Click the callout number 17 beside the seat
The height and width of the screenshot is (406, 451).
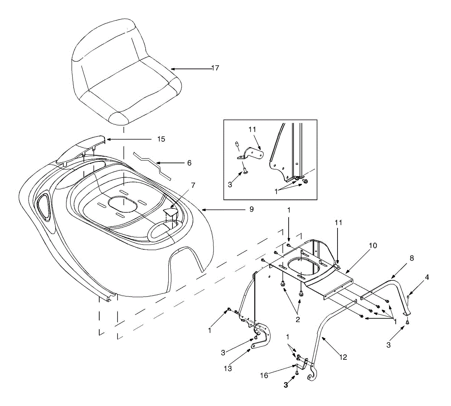[215, 68]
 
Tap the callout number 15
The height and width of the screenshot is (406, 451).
[161, 139]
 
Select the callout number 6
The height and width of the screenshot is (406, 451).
[189, 163]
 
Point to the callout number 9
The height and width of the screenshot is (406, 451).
[251, 209]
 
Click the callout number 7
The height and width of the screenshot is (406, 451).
[193, 186]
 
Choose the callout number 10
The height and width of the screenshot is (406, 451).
[372, 246]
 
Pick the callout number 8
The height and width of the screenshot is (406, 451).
[412, 259]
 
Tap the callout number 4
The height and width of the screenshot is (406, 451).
[427, 277]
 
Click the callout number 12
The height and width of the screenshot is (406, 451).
[343, 357]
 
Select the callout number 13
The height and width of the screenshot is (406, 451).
[228, 369]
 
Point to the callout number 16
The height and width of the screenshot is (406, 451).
[264, 376]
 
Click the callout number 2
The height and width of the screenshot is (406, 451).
[298, 320]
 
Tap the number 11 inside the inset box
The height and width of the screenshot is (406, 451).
[252, 129]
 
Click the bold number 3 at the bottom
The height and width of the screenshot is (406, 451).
[286, 385]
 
